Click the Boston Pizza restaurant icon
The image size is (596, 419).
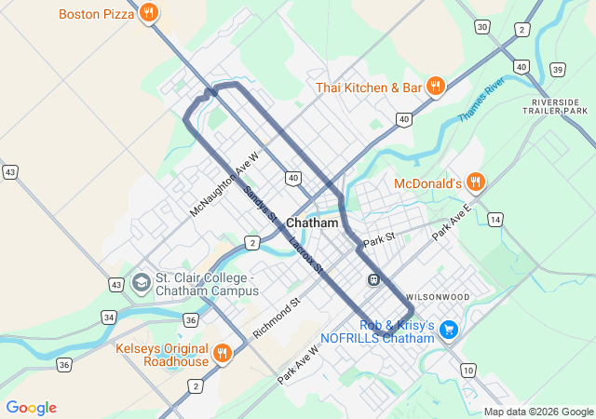point(149,13)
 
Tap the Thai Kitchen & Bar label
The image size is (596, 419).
point(370,88)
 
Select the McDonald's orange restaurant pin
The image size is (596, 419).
point(476,182)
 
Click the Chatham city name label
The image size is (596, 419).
point(312,223)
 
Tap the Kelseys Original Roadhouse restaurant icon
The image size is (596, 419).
point(222,353)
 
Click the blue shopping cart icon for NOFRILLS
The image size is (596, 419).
point(449,330)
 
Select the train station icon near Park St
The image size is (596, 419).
point(372,278)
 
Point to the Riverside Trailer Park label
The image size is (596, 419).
point(559,106)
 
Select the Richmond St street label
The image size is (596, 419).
point(277,316)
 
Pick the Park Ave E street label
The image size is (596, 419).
point(453,224)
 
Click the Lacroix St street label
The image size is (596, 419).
point(305,254)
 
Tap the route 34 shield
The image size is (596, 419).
point(110,318)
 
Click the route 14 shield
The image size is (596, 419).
point(495,220)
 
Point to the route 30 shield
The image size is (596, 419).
point(481,27)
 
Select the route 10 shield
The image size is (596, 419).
point(467,371)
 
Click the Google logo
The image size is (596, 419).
point(32,408)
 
